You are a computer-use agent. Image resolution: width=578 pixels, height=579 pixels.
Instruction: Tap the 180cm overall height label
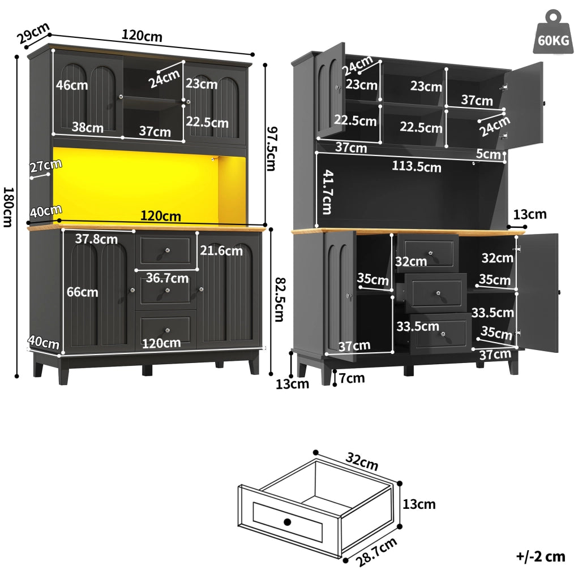tap(8, 207)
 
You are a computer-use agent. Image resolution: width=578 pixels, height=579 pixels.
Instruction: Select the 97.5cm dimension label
tap(272, 149)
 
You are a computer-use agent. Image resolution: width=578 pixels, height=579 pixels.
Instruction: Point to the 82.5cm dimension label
tap(279, 300)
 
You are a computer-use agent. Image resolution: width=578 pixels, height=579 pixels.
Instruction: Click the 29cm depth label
tap(33, 33)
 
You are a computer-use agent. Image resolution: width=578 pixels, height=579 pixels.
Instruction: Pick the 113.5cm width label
tap(417, 166)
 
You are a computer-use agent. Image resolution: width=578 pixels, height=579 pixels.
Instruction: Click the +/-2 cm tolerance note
tap(541, 556)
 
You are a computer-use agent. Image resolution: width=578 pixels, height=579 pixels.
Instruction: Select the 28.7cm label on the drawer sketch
tap(376, 552)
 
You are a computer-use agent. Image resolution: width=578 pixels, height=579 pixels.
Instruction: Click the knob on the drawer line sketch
tap(288, 522)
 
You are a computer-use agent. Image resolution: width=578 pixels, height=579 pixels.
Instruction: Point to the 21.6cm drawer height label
tap(221, 250)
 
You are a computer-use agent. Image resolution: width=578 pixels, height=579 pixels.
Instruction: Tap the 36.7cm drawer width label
tap(167, 278)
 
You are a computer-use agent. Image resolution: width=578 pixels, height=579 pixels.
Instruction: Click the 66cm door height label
tap(82, 292)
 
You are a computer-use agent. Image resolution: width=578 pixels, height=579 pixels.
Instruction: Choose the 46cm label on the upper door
tap(72, 85)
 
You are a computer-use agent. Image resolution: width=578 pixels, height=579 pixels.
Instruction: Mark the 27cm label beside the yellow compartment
tap(45, 166)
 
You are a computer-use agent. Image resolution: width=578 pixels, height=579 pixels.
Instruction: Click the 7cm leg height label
tap(352, 378)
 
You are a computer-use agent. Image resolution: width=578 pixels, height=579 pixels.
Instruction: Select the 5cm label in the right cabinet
tap(488, 154)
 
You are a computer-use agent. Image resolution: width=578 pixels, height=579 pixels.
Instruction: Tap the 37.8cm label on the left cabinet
tap(96, 239)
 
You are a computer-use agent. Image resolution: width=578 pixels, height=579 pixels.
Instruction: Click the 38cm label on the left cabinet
tap(87, 127)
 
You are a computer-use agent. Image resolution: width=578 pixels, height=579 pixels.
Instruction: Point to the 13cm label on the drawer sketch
tap(419, 504)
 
